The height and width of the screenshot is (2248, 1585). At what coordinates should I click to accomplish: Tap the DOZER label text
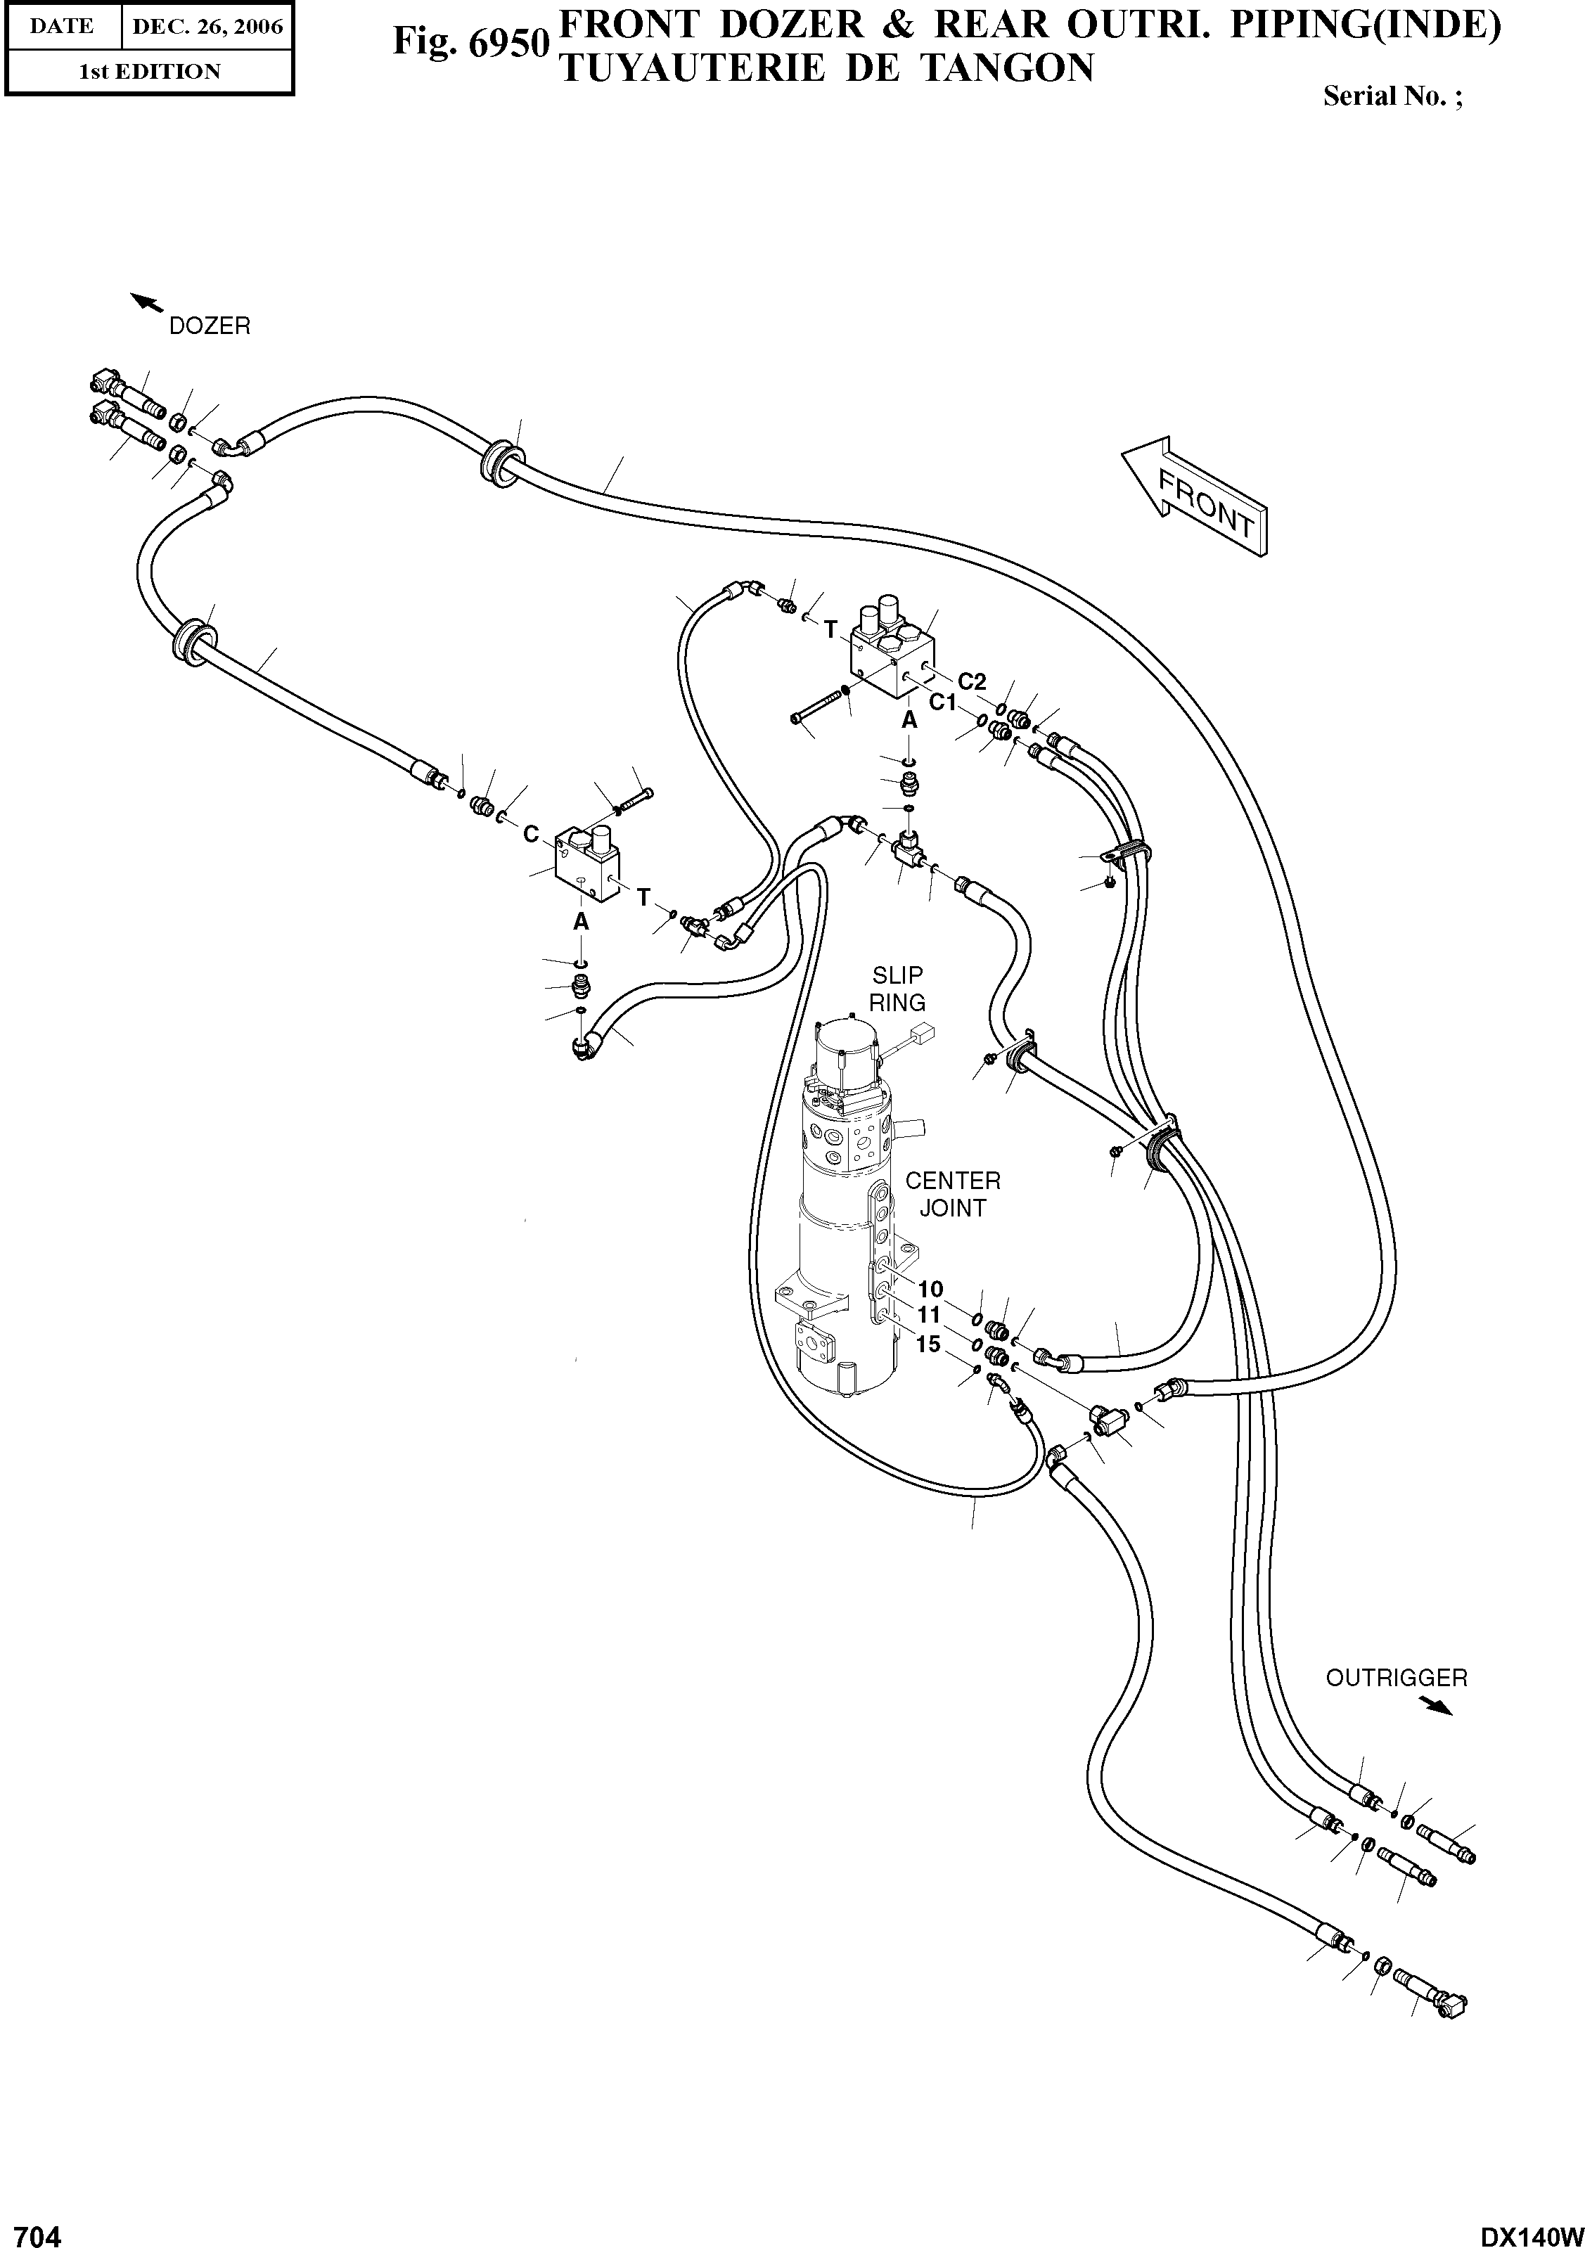click(x=210, y=326)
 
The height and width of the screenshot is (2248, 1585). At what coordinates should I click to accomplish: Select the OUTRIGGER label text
click(x=1396, y=1677)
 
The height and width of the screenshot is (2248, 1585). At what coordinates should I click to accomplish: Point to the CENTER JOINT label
click(x=951, y=1195)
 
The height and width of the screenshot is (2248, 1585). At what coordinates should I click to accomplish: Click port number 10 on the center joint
click(x=930, y=1288)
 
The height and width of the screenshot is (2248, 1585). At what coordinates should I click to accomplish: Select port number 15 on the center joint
click(x=927, y=1344)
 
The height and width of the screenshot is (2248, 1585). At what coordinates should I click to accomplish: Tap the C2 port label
click(x=971, y=681)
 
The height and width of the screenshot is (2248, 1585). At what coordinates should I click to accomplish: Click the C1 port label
click(x=942, y=701)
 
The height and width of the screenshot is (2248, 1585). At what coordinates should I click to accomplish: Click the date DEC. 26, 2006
click(x=207, y=27)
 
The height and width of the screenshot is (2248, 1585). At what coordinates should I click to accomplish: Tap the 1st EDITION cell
click(x=149, y=72)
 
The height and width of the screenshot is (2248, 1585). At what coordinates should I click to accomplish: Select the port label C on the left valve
click(x=530, y=833)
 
